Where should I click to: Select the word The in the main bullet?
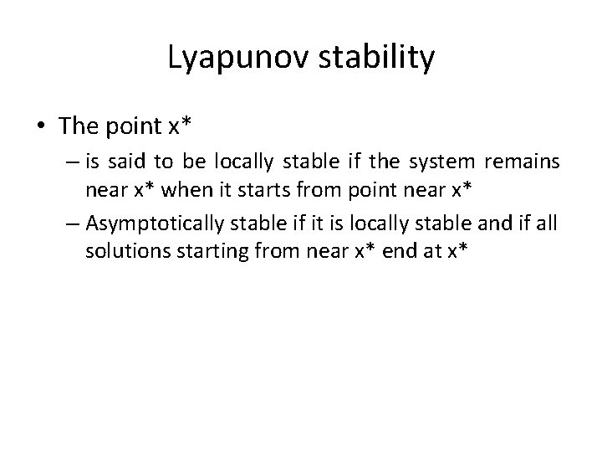tap(80, 127)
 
